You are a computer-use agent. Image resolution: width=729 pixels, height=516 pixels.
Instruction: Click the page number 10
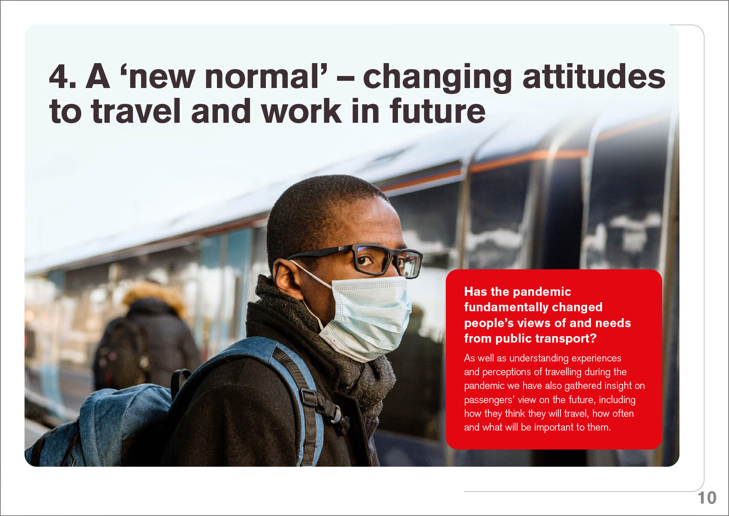[707, 498]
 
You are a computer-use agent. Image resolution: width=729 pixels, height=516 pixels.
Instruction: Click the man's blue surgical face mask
[367, 318]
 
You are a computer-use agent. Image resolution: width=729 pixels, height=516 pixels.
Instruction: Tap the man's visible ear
[288, 279]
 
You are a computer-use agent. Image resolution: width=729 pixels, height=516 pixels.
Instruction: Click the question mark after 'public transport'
[593, 338]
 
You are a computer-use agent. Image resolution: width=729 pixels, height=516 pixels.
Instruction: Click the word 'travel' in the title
[136, 111]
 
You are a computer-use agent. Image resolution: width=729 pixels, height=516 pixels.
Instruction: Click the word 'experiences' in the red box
[596, 358]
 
